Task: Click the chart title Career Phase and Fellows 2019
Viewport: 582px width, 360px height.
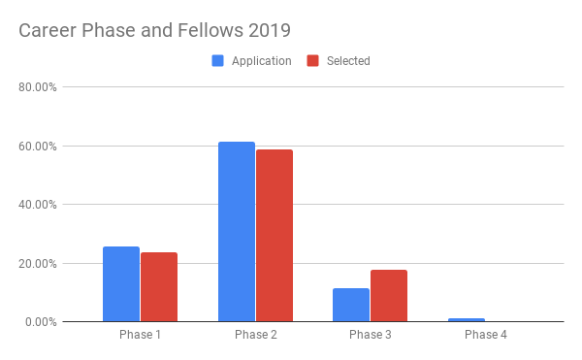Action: point(154,30)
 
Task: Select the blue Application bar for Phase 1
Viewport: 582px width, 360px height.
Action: point(121,283)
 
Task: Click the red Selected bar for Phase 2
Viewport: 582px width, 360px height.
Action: point(275,235)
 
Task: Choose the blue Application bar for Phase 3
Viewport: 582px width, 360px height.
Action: point(351,305)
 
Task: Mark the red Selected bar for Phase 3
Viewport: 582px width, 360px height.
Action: point(389,295)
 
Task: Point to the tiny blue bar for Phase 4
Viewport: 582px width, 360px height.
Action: point(467,319)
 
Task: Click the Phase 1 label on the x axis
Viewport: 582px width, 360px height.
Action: point(140,335)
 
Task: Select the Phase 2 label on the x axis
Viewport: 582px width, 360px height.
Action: point(255,335)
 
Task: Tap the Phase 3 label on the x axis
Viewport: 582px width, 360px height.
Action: point(371,335)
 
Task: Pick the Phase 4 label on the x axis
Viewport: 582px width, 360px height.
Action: point(485,335)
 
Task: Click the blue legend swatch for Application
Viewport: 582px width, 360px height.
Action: point(218,61)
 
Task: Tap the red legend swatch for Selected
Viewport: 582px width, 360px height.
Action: point(313,61)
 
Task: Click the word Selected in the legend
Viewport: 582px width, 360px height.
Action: point(348,61)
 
